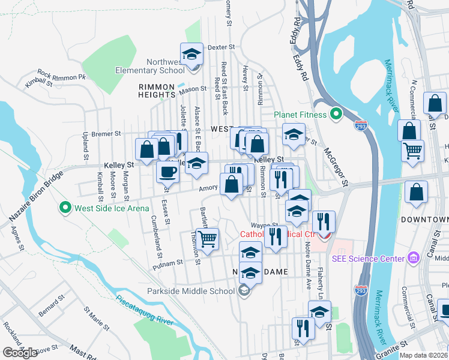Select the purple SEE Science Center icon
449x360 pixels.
[x=412, y=258]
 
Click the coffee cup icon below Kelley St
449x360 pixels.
[x=167, y=172]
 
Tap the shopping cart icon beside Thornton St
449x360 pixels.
[x=208, y=238]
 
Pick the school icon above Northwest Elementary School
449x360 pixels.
[x=191, y=54]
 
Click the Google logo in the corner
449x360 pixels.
[x=20, y=353]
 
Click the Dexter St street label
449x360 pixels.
[x=220, y=47]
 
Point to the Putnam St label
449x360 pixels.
[x=167, y=263]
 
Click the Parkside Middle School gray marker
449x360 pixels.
[x=243, y=292]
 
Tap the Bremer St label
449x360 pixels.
[x=106, y=133]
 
